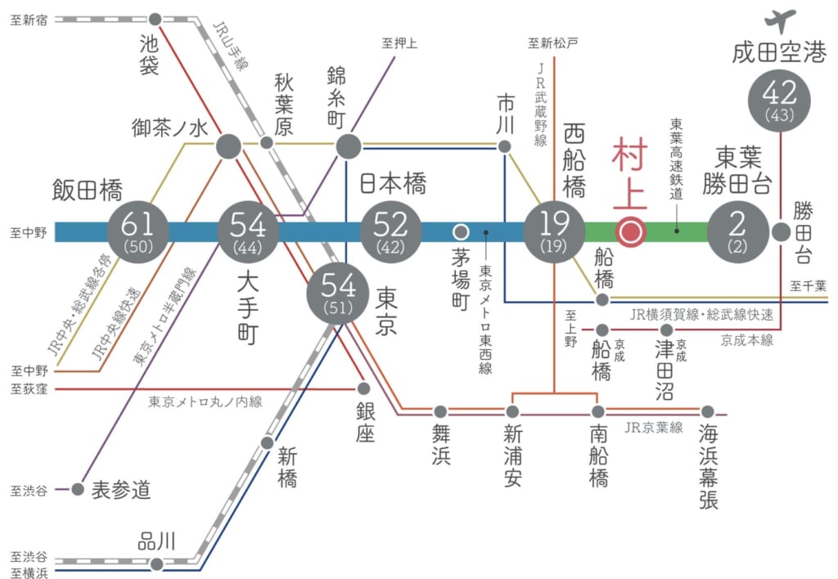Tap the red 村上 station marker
point(631,232)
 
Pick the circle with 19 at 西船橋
point(554,231)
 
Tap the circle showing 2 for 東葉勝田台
point(738,231)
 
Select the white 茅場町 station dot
point(461,231)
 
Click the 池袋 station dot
point(155,18)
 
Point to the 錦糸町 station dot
point(349,146)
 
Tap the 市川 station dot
point(505,146)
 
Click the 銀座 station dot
point(364,388)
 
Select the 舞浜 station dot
point(440,411)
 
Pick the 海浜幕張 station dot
point(707,411)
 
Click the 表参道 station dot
point(78,489)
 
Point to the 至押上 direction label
point(399,43)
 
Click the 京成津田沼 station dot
point(666,330)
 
